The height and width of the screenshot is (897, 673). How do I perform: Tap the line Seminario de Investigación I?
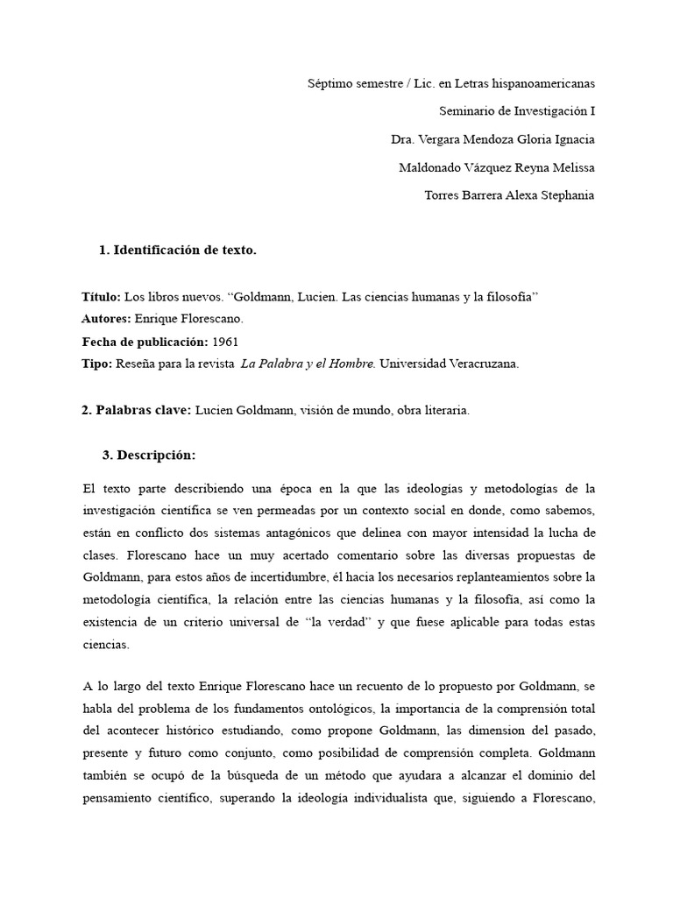coord(516,111)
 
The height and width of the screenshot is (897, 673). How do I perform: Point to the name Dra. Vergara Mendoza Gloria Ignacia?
coord(492,139)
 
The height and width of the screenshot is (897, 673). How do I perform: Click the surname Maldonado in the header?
coord(429,167)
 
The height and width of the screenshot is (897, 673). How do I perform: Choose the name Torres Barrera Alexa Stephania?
coord(508,195)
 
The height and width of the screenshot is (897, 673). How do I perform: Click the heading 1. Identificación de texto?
coord(178,251)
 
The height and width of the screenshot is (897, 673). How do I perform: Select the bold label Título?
coord(99,298)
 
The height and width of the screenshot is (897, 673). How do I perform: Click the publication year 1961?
coord(225,342)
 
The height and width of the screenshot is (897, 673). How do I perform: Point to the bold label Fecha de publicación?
coord(145,342)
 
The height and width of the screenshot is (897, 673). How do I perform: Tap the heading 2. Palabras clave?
coord(136,410)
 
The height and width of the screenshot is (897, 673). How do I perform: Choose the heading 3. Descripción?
coord(149,456)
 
